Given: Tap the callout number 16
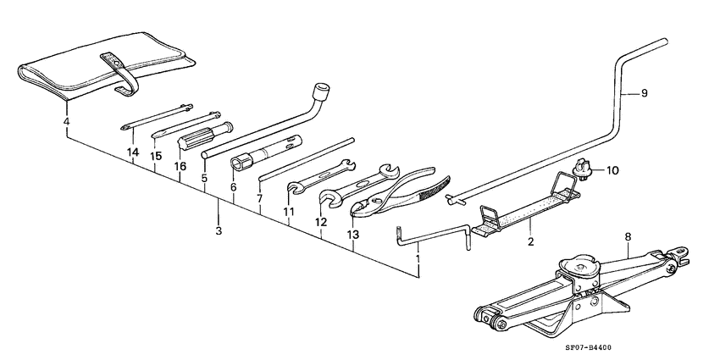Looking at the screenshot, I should pos(180,167).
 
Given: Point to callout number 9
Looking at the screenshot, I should pos(644,93).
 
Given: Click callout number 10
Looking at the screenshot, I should pos(612,170).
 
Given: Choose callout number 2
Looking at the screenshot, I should pos(530,242).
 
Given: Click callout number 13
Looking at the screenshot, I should pos(353,235).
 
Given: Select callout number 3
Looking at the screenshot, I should pos(219,230).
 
